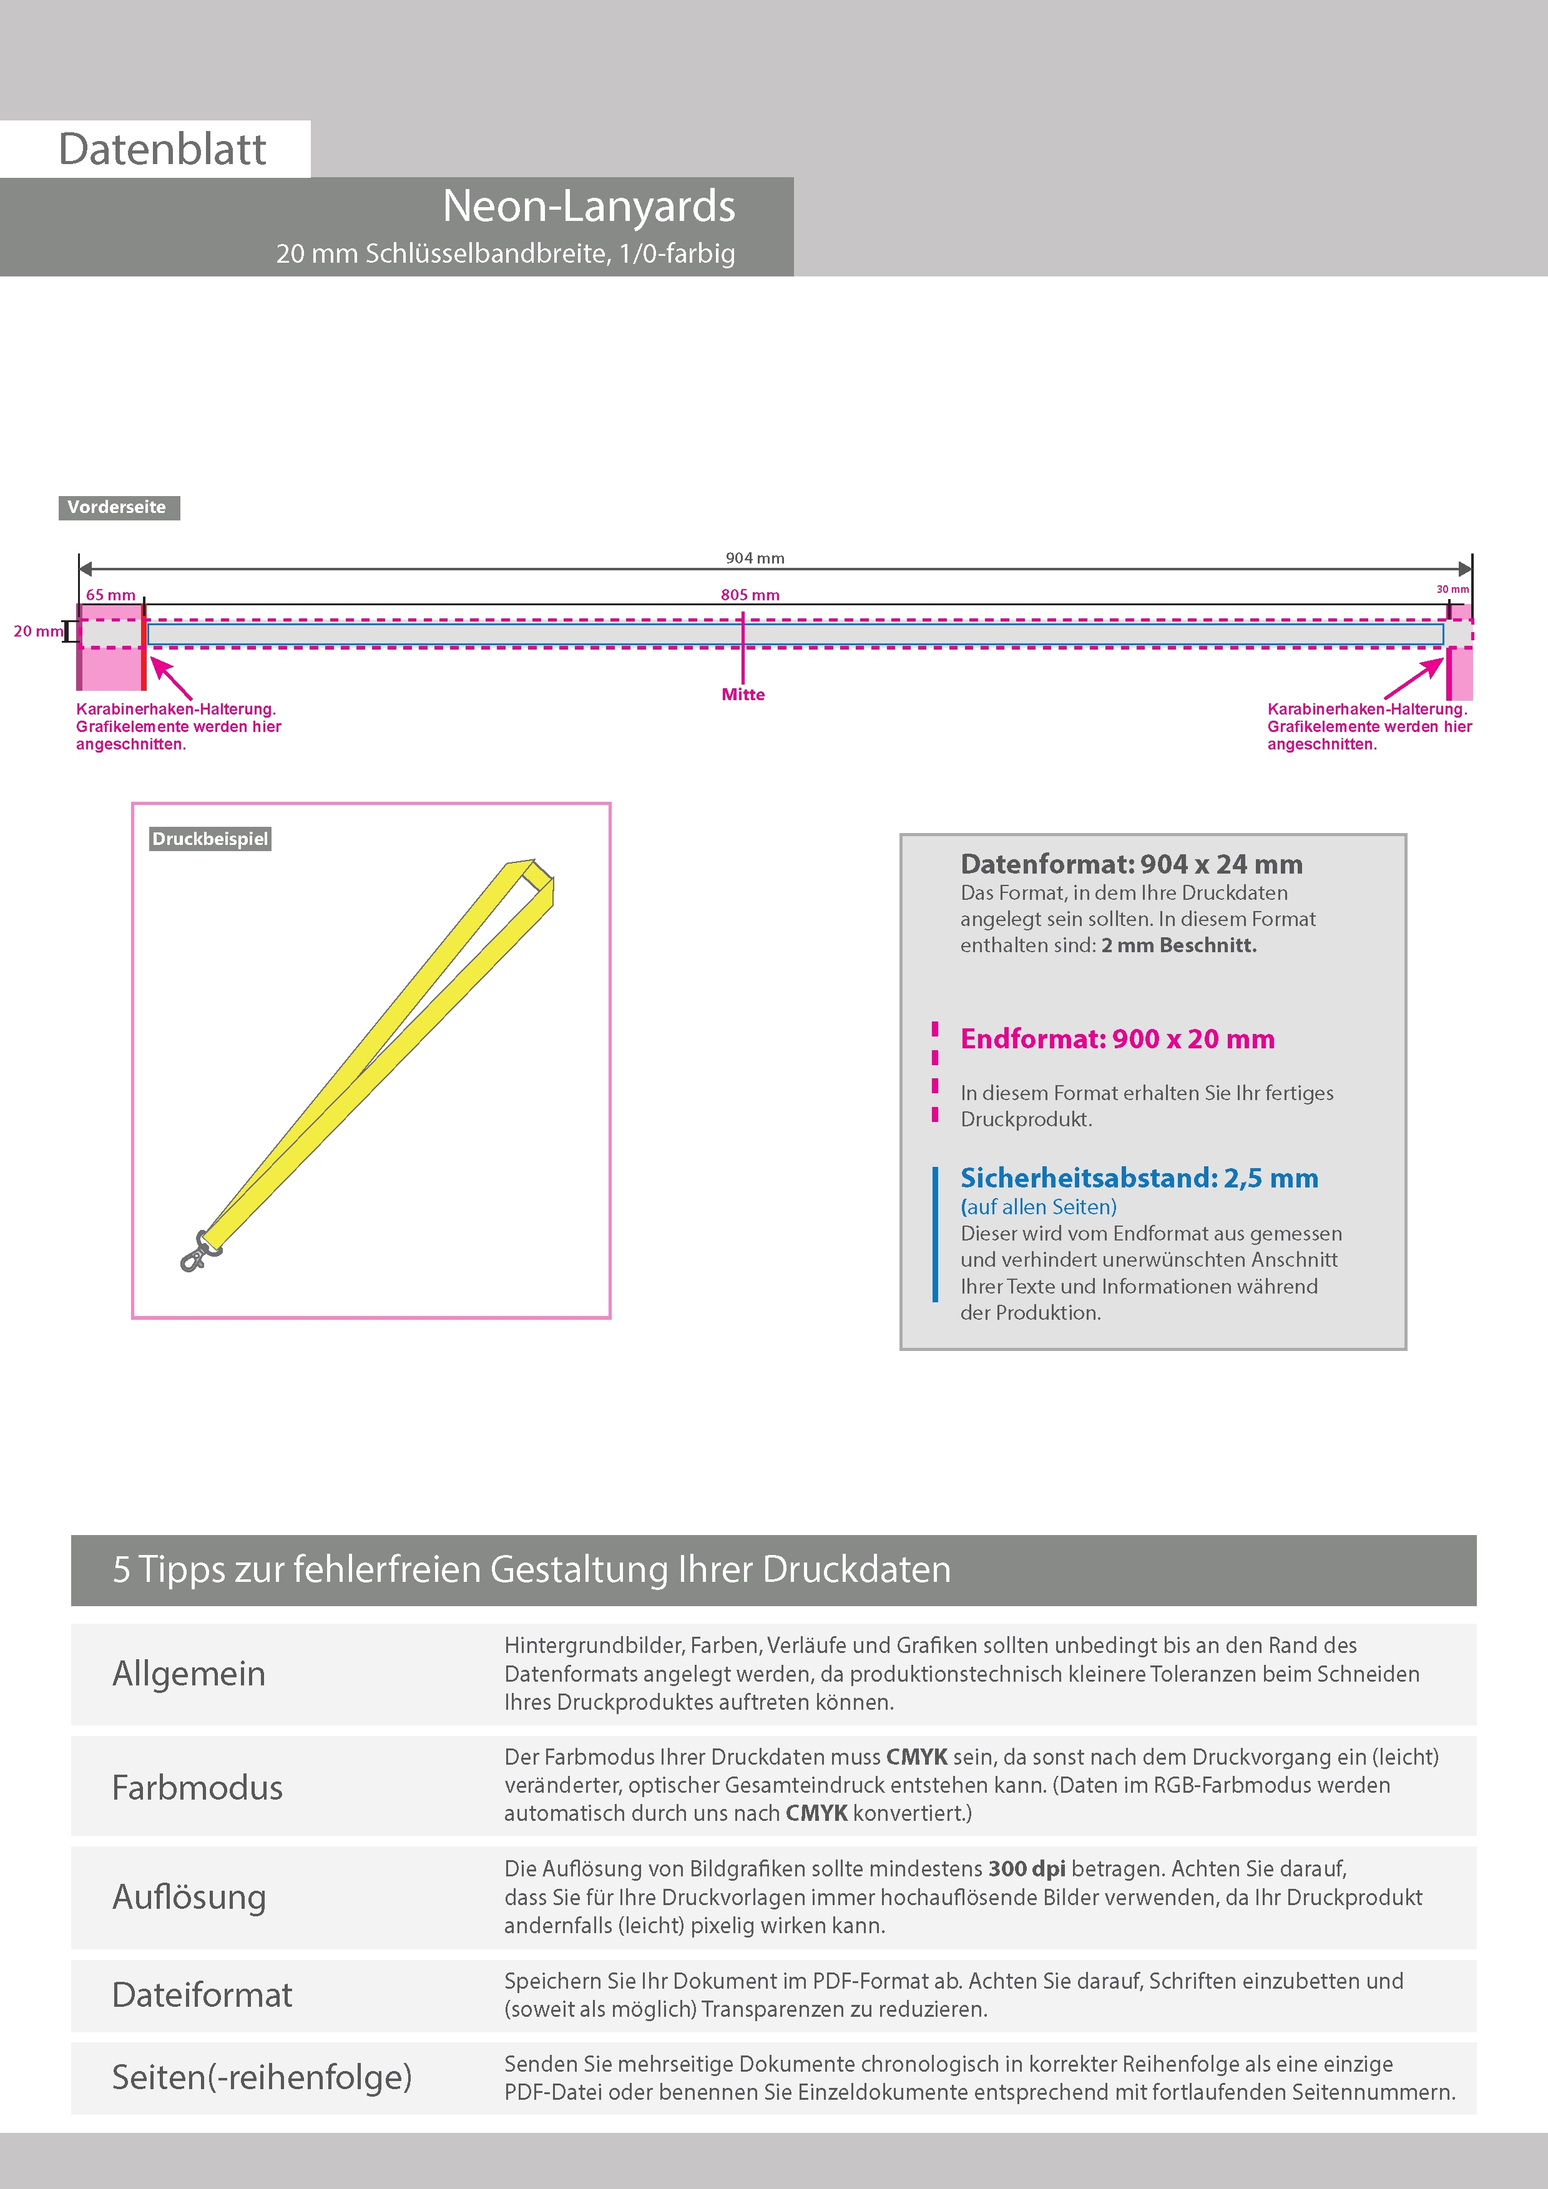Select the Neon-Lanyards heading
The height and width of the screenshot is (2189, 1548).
coord(589,206)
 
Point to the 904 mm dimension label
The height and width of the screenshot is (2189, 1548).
coord(755,558)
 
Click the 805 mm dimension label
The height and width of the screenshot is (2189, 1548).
coord(750,595)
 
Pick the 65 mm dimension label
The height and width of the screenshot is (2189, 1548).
coord(110,595)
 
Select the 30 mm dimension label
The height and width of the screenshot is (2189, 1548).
coord(1452,589)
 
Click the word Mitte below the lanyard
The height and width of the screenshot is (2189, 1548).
coord(743,694)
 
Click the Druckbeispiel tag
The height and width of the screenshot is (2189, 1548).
coord(210,839)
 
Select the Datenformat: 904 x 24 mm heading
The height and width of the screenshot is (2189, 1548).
coord(1131,864)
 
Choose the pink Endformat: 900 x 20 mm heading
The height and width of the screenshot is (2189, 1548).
coord(1117,1038)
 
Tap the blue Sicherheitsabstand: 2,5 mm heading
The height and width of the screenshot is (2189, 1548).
coord(1139,1177)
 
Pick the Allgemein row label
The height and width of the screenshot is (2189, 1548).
coord(189,1673)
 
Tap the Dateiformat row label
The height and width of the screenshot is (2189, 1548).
coord(202,1994)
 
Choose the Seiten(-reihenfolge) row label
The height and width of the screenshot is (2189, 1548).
coord(262,2077)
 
